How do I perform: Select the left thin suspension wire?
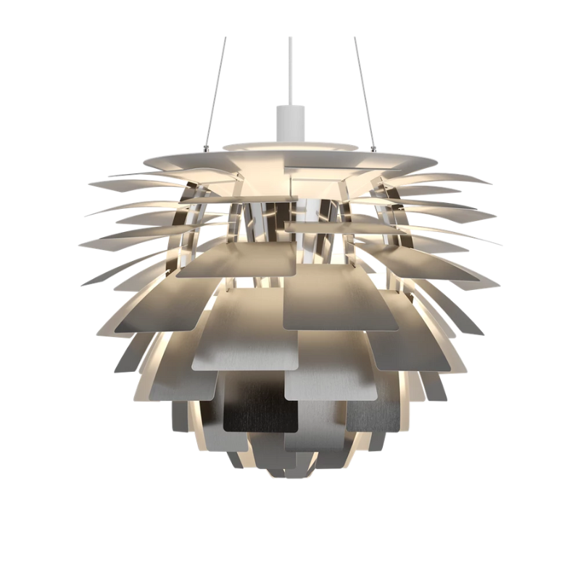coord(216,87)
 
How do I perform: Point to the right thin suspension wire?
coord(365,87)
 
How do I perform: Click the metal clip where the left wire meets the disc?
coord(207,149)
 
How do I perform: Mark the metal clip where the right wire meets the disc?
coord(374,149)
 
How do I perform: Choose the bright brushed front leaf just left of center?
coord(246,341)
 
